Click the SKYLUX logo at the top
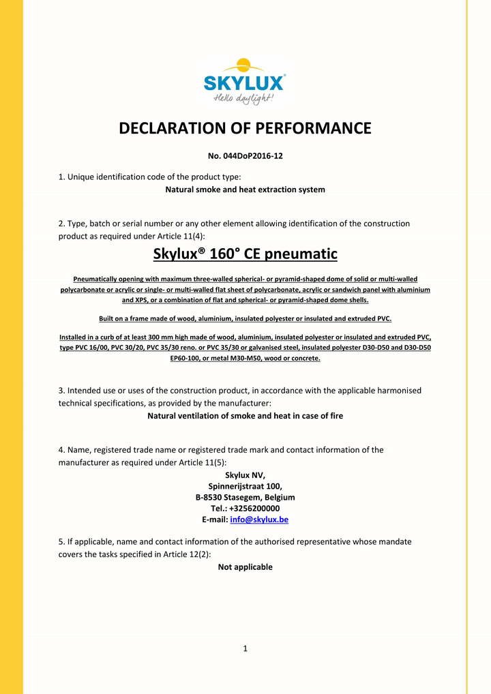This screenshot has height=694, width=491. point(244,82)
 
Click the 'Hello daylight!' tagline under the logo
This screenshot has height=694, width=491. point(244,99)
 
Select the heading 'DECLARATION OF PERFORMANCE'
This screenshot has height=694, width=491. point(245,129)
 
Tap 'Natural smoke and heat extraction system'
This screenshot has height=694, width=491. point(245,190)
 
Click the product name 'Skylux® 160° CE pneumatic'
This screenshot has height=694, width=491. point(245,254)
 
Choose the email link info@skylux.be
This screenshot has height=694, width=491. point(259,519)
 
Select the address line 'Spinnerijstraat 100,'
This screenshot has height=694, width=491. point(245,486)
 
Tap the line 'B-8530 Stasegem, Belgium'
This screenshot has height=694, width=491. point(245,498)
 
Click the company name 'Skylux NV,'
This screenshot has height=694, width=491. point(245,475)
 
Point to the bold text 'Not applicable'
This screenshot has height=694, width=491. point(245,567)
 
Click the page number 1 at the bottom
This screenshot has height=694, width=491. point(245,648)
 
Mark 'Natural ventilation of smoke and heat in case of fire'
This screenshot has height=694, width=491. point(245,415)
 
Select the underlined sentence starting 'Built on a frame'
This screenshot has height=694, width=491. point(245,318)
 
